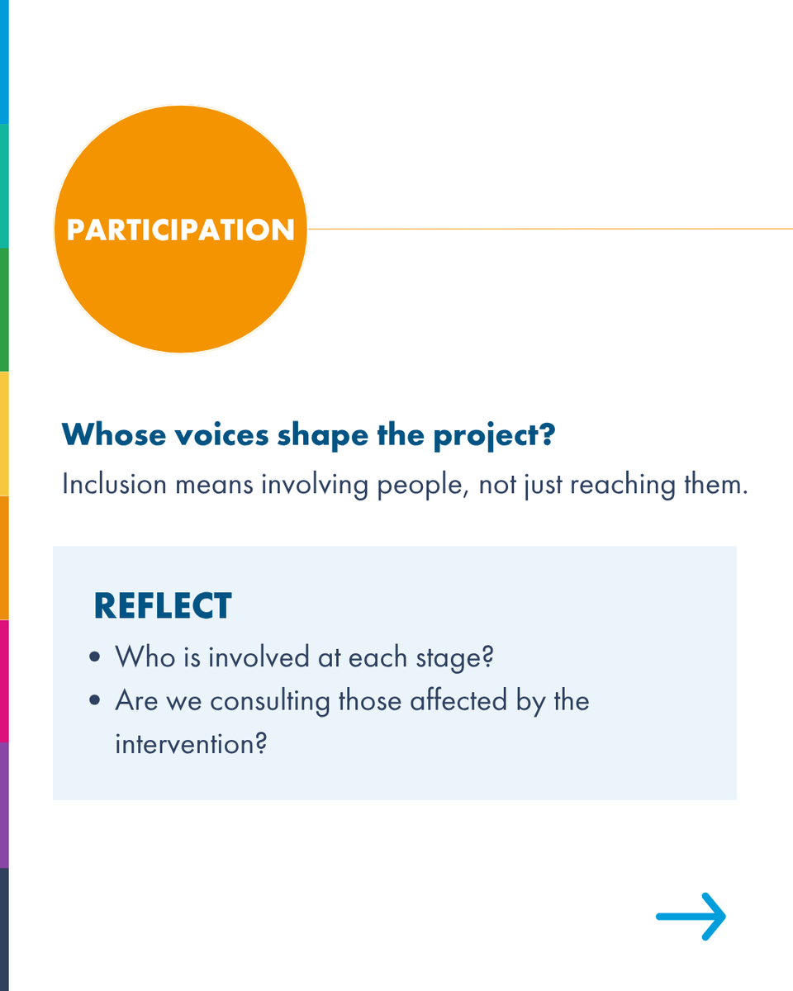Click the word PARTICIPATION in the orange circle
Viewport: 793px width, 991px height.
[x=180, y=230]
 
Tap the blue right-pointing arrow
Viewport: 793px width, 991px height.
[x=691, y=916]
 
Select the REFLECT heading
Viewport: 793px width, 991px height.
[x=163, y=606]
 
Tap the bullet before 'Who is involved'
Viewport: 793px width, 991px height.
[x=97, y=658]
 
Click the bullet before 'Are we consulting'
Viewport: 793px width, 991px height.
[x=97, y=701]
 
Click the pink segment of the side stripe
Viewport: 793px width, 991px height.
[x=4, y=680]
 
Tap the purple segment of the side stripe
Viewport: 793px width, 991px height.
[x=4, y=804]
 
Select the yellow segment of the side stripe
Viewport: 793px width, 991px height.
[x=4, y=433]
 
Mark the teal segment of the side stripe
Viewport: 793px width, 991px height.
[x=4, y=185]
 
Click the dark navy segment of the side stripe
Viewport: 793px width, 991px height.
[x=4, y=928]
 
